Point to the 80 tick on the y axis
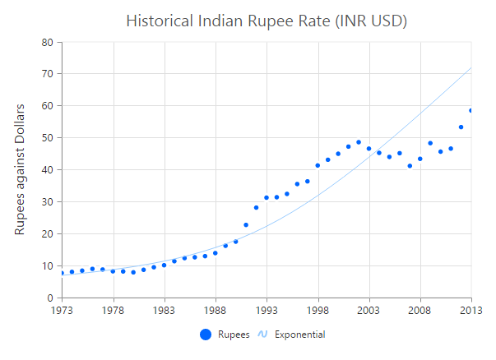(47, 43)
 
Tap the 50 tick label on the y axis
(47, 138)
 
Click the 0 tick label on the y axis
(50, 298)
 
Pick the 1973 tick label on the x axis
(62, 311)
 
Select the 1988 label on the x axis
(216, 311)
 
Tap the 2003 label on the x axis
(369, 311)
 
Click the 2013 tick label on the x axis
(471, 311)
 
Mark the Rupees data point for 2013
(471, 110)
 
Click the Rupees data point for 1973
(62, 273)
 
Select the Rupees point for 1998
(318, 165)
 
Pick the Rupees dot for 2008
(420, 159)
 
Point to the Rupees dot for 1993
(267, 197)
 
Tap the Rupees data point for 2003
(369, 149)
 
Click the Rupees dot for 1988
(216, 252)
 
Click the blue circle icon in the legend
(206, 334)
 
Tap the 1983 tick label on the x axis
(165, 311)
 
